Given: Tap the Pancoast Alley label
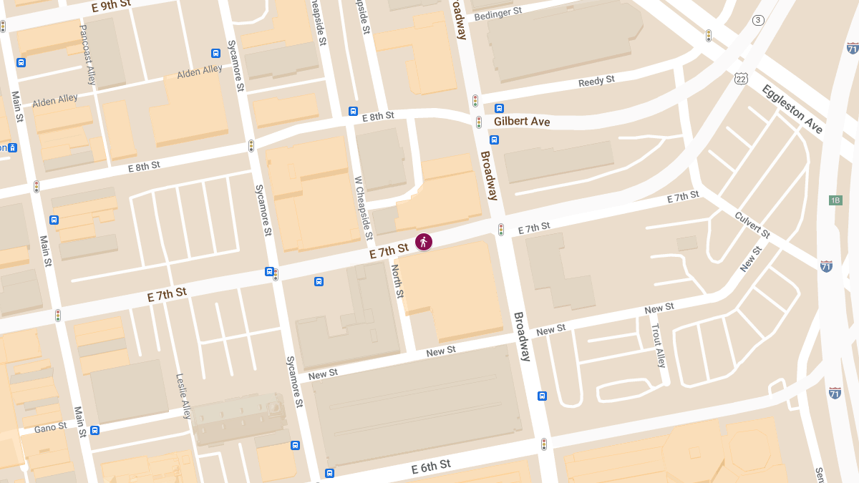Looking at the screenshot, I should (x=87, y=55).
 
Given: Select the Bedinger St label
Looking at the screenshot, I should (x=498, y=12).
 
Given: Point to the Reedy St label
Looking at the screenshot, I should (x=596, y=82).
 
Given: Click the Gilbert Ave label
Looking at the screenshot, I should (x=522, y=122).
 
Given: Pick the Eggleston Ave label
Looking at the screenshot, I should (x=792, y=109).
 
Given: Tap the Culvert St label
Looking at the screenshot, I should (x=752, y=225).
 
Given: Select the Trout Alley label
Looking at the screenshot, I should (x=657, y=345).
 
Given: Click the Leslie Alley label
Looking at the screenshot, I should (x=185, y=395).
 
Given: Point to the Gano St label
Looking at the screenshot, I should (x=50, y=428).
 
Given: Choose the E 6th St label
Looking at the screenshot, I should (x=431, y=467).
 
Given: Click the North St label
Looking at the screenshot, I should (x=397, y=281).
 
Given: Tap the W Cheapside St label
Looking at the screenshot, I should (x=364, y=208).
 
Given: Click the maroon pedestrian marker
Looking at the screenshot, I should (x=424, y=242).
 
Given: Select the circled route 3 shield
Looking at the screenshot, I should (x=758, y=20).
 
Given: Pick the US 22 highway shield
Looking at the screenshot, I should (x=740, y=77).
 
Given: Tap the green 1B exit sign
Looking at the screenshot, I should (x=835, y=200).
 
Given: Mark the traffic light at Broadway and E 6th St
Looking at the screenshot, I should (x=544, y=444).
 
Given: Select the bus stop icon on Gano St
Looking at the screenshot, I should (x=94, y=430).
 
